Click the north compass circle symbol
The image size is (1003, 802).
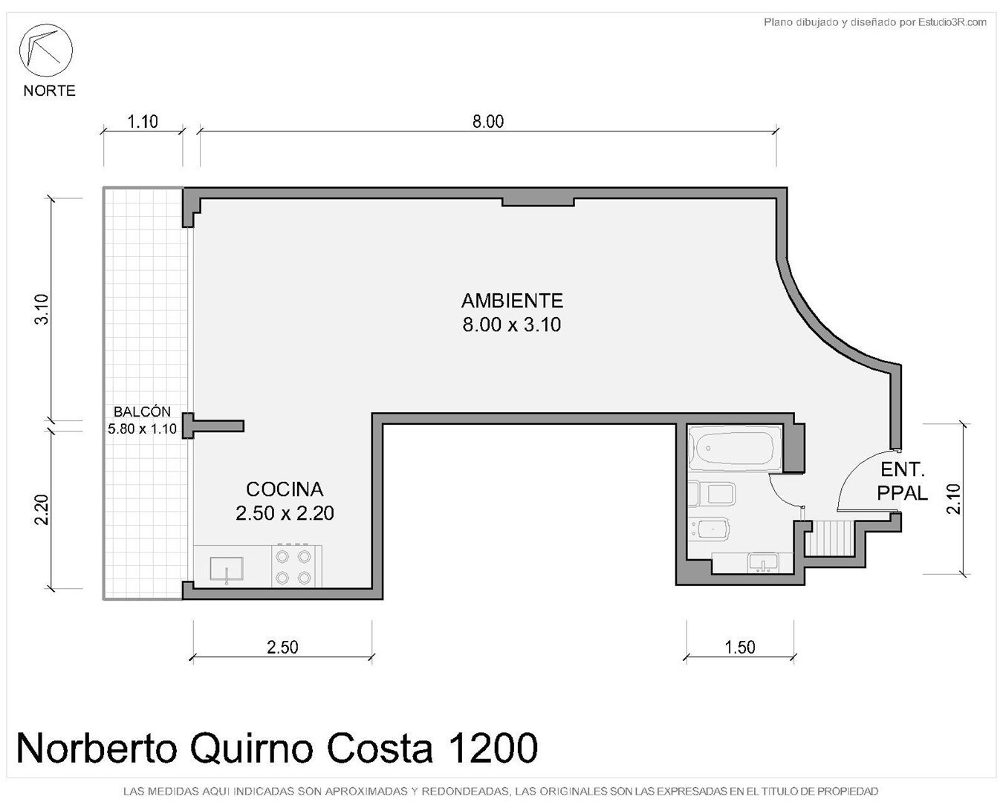pyautogui.click(x=45, y=50)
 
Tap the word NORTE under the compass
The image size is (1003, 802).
pyautogui.click(x=49, y=91)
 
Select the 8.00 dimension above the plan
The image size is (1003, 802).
pyautogui.click(x=488, y=122)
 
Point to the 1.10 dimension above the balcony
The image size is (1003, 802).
pyautogui.click(x=143, y=122)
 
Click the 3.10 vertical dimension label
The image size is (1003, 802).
pyautogui.click(x=42, y=309)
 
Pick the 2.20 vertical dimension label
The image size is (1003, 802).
pyautogui.click(x=42, y=510)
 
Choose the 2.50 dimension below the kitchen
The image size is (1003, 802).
pyautogui.click(x=282, y=647)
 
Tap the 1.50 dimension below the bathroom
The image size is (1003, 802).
pyautogui.click(x=740, y=647)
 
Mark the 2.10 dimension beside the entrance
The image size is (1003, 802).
pyautogui.click(x=954, y=498)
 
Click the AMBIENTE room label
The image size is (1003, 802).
pyautogui.click(x=512, y=301)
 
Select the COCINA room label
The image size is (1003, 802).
pyautogui.click(x=285, y=489)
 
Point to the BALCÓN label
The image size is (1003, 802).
pyautogui.click(x=142, y=411)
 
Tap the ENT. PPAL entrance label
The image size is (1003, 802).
pyautogui.click(x=902, y=481)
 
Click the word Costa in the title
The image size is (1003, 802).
pyautogui.click(x=379, y=749)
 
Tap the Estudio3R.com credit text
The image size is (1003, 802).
pyautogui.click(x=952, y=22)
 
